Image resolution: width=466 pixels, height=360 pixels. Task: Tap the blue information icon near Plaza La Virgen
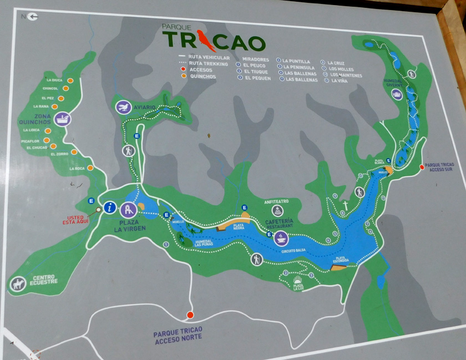click(111, 208)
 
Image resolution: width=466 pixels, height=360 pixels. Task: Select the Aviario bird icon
click(124, 107)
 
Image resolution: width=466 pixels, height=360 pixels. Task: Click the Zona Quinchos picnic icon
click(63, 118)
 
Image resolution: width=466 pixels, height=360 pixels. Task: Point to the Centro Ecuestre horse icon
click(17, 284)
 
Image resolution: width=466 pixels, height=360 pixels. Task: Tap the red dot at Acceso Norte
click(190, 315)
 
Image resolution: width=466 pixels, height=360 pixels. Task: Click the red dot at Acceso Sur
click(421, 166)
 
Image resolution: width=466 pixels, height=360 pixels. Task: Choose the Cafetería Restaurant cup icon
click(282, 239)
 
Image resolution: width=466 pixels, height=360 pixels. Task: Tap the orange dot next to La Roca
click(90, 168)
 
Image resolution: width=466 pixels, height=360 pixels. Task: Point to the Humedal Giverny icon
click(397, 94)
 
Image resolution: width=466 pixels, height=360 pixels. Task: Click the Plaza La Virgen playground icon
click(129, 210)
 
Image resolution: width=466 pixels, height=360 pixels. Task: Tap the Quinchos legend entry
click(202, 77)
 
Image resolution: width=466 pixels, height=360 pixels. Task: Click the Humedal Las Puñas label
click(205, 244)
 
